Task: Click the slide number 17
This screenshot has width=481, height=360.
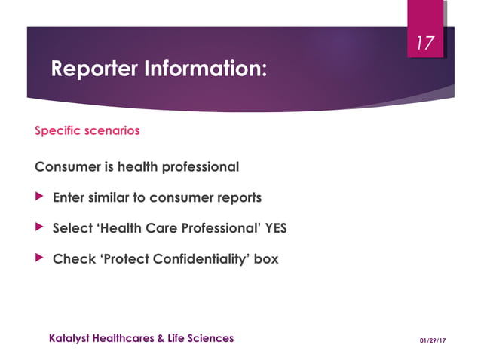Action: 425,44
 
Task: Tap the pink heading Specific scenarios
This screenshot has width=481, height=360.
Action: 87,130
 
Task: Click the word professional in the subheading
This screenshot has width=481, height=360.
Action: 198,166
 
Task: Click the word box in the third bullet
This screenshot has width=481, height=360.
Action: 266,258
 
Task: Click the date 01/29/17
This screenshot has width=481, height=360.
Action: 433,340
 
